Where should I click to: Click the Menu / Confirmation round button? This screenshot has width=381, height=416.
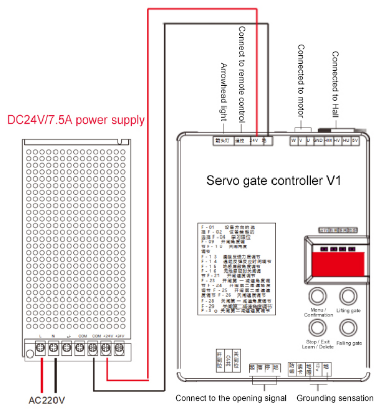[x=317, y=295]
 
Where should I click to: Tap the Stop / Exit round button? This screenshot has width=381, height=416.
[x=317, y=328]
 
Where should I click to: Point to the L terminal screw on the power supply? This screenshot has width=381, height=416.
[x=40, y=347]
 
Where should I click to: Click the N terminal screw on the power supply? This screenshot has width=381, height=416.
[x=53, y=347]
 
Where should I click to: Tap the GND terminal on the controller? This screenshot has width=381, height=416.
[x=317, y=141]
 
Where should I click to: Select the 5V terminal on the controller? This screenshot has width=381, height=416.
[x=355, y=141]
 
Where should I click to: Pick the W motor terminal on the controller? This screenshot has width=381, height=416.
[x=293, y=141]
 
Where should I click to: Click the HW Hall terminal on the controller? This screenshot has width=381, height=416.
[x=328, y=141]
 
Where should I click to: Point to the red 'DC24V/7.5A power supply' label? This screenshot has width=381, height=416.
[x=76, y=120]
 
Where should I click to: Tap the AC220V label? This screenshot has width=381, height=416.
[x=47, y=401]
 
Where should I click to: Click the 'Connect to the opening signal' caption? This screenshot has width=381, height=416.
[x=231, y=398]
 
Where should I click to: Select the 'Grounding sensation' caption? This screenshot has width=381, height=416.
[x=335, y=398]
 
